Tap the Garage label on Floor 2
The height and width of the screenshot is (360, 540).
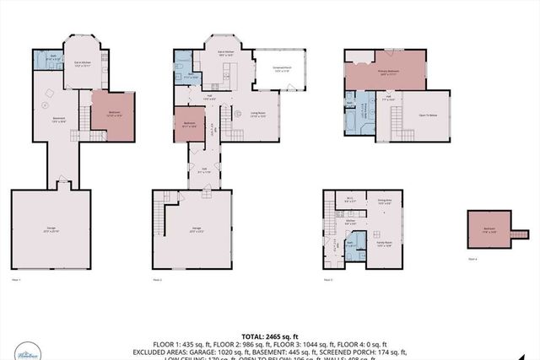(197, 228)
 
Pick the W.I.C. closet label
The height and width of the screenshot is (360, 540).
(349, 201)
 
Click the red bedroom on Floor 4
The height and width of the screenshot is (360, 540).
(489, 228)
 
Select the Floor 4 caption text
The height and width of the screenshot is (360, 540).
(472, 260)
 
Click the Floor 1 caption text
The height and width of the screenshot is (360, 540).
(15, 279)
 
